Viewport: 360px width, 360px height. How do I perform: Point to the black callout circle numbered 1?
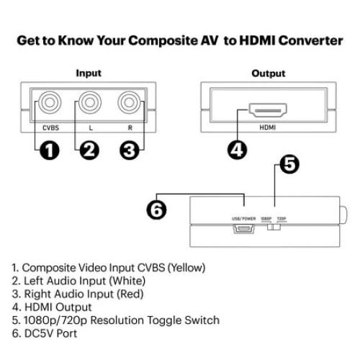48,150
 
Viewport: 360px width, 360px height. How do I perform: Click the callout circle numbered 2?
89,150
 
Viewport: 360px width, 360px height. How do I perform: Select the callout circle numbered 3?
129,150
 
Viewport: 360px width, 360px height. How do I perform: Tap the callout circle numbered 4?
237,150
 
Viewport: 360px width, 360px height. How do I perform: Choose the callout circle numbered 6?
158,210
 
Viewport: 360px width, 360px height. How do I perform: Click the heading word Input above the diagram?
89,73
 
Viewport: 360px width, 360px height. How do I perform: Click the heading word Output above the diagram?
269,73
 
